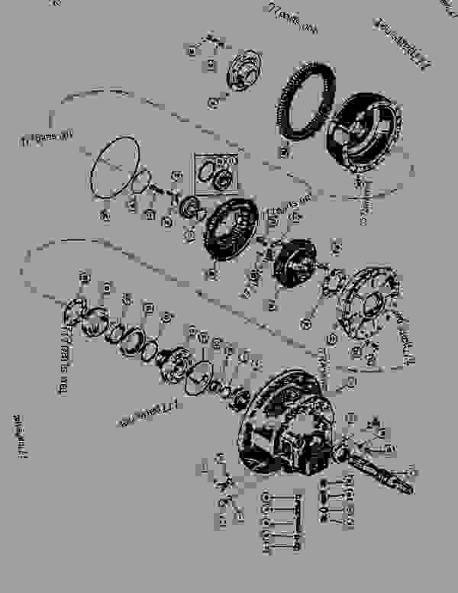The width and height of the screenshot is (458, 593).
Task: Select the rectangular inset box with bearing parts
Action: pos(218,172)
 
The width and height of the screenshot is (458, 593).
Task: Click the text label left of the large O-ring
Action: pos(46,137)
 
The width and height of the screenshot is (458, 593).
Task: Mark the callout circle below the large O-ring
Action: pos(105,218)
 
